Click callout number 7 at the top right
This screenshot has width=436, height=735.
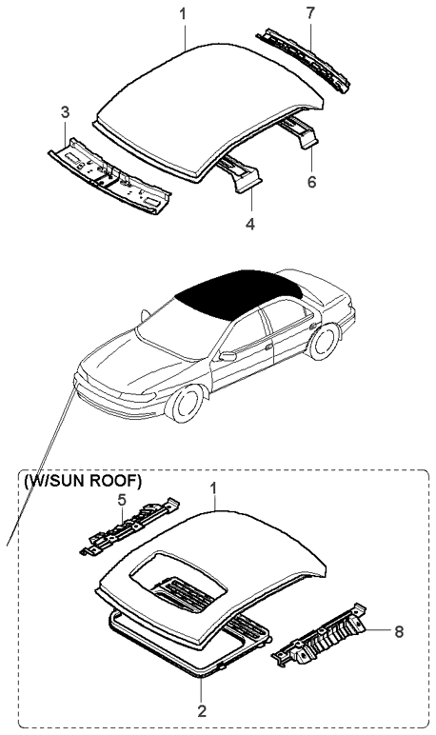coord(310,13)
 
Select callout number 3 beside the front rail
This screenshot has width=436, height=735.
coord(65,112)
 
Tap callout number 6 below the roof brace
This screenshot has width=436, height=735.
coord(312,182)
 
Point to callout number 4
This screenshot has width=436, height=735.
coord(250,224)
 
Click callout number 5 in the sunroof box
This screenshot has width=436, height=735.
coord(122,500)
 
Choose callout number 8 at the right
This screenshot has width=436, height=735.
coord(399,631)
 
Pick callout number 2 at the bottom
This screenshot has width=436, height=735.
coord(202,711)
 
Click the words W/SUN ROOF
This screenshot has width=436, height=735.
coord(82,482)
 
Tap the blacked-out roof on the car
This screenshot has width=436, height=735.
coord(238,293)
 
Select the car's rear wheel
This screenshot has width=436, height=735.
coord(325,341)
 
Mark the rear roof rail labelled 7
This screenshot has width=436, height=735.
coord(304,60)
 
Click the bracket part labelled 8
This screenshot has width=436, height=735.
coord(320,635)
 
